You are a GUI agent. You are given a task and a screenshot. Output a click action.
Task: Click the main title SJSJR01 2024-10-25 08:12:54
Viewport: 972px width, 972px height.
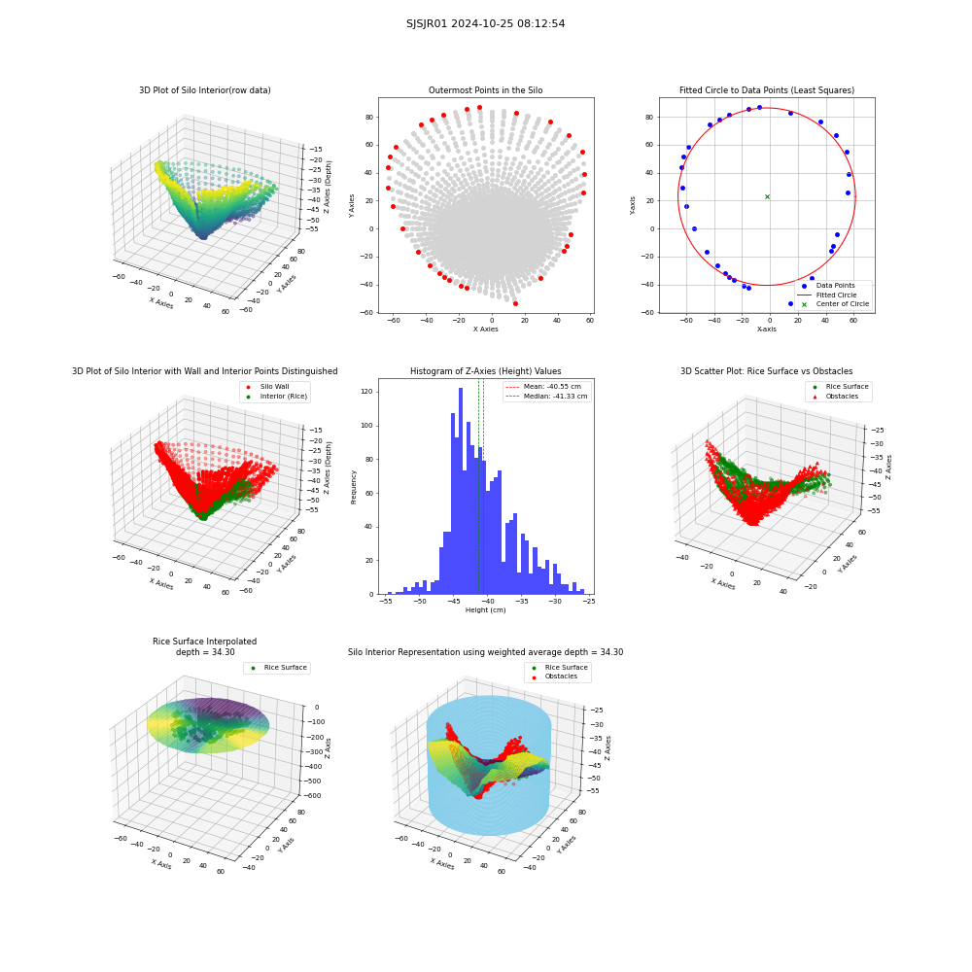pos(485,23)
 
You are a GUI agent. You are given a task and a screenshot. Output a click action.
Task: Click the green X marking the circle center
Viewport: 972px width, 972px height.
pos(768,196)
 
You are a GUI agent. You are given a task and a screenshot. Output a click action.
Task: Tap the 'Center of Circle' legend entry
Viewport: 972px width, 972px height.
pos(835,304)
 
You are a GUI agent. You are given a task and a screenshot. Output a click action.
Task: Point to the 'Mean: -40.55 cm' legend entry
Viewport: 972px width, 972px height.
pos(544,386)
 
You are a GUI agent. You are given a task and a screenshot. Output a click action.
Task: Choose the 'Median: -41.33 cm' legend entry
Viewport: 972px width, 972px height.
pos(547,397)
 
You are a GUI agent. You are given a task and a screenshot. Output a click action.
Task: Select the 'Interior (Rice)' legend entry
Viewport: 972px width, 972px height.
pos(276,397)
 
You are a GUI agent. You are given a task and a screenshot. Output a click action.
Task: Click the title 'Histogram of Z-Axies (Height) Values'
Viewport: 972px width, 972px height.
pos(485,370)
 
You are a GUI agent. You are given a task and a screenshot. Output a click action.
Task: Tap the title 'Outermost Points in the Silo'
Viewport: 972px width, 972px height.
pos(485,89)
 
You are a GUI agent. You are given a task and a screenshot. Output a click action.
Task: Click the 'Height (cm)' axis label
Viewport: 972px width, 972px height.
pos(485,610)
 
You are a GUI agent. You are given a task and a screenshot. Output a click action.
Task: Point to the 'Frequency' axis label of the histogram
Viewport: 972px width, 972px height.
pos(354,487)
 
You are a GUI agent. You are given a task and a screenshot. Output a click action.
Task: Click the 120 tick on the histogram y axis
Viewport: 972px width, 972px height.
pos(366,392)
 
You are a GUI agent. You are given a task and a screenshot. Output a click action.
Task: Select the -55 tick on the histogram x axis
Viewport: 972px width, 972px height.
pos(386,601)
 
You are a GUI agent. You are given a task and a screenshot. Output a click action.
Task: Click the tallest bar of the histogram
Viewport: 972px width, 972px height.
pos(461,491)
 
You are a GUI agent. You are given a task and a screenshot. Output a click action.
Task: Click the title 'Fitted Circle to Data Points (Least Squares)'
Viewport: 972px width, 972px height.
pos(767,89)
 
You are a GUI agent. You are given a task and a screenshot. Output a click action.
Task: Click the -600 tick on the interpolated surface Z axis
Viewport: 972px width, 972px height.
pos(312,795)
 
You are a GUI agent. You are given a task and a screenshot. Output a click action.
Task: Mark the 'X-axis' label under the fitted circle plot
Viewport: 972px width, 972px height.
pos(766,330)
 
